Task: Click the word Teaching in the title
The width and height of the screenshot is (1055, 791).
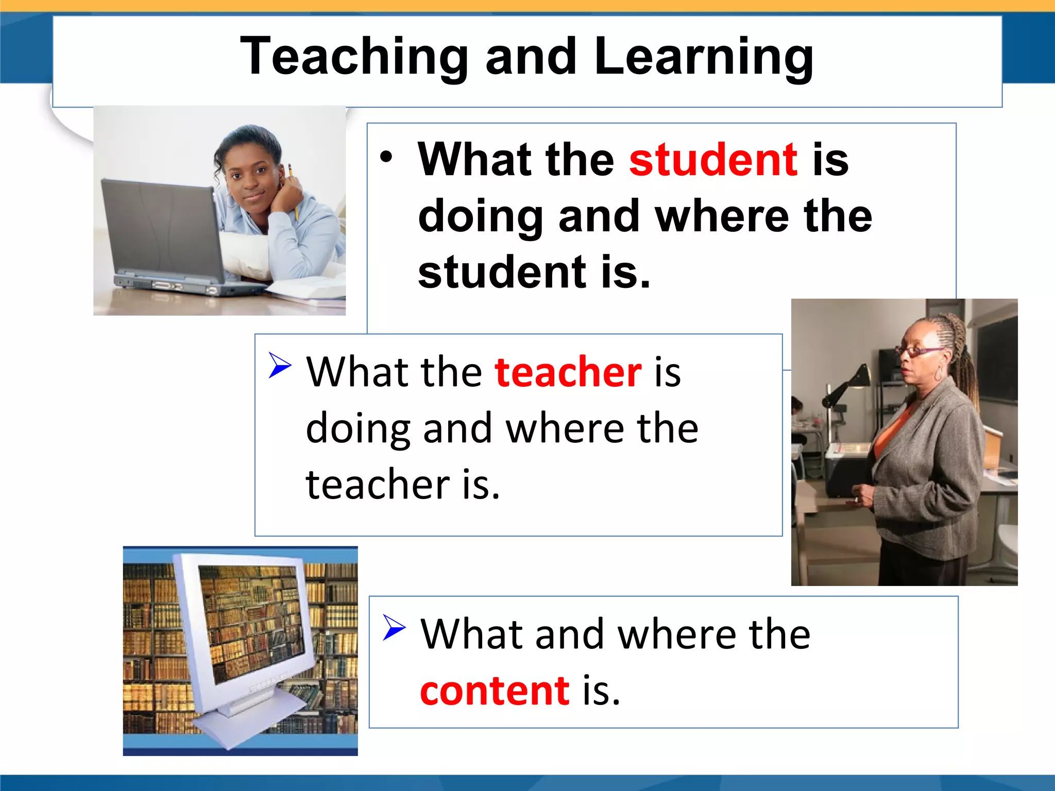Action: (354, 57)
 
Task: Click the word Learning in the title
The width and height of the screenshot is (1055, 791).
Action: (703, 57)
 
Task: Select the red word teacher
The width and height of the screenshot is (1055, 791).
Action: (568, 372)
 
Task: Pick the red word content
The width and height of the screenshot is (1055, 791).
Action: (495, 690)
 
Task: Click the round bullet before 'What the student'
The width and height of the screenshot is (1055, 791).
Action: (386, 157)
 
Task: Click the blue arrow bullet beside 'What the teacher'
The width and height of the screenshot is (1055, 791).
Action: (280, 365)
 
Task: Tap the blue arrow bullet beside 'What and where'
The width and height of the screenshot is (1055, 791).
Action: (395, 628)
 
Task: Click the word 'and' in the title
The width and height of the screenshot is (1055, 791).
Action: (531, 57)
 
